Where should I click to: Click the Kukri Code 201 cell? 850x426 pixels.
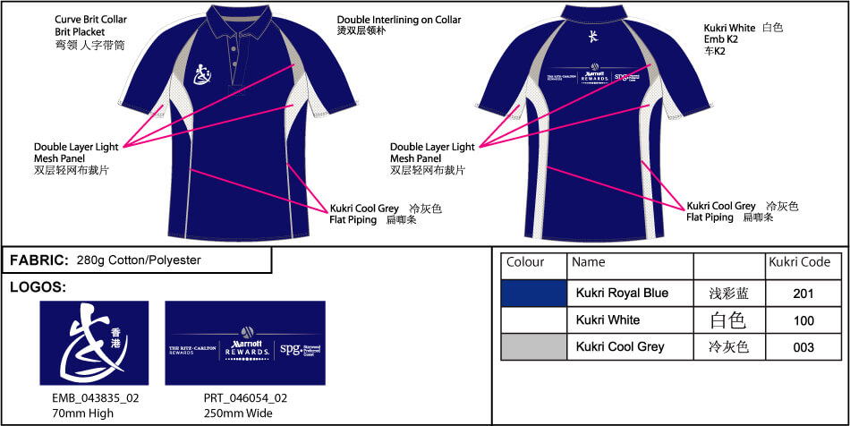click(x=803, y=294)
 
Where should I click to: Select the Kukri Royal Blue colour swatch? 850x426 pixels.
click(x=533, y=293)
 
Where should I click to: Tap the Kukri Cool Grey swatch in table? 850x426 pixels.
click(x=533, y=346)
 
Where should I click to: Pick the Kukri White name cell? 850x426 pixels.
click(x=608, y=319)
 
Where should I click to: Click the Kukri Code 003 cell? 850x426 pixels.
click(x=803, y=346)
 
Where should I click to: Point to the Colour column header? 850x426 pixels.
click(x=525, y=263)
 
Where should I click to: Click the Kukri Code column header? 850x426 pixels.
click(x=800, y=263)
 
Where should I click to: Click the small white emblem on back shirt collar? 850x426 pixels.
click(x=591, y=38)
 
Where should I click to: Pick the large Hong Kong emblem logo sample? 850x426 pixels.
click(x=94, y=343)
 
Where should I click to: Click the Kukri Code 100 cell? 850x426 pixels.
click(x=803, y=319)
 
